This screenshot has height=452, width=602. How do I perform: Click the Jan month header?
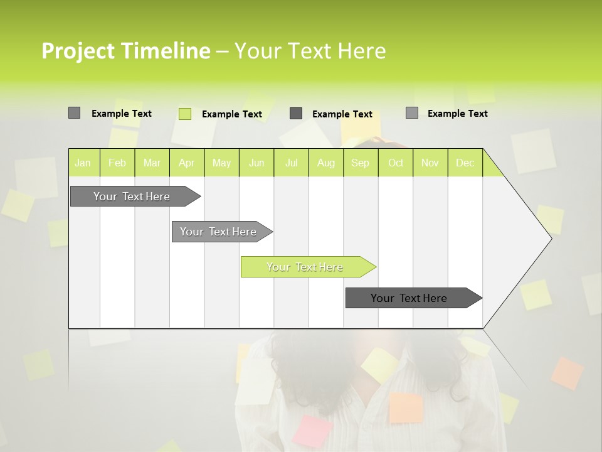(83, 163)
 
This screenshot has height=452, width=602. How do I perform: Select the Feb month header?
(117, 163)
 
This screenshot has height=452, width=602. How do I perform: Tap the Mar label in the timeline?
(152, 163)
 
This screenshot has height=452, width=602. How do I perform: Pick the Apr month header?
(187, 163)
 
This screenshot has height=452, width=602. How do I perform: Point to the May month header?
(221, 163)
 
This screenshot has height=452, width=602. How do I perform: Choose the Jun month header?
(256, 163)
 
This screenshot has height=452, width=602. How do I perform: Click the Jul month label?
(291, 163)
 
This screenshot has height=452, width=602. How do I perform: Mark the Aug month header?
(326, 163)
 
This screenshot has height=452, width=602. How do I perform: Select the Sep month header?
(361, 163)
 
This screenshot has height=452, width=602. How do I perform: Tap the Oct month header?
(396, 163)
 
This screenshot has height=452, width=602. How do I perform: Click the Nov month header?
(430, 163)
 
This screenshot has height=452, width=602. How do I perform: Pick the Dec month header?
(465, 163)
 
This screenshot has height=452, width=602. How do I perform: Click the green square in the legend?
(184, 114)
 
